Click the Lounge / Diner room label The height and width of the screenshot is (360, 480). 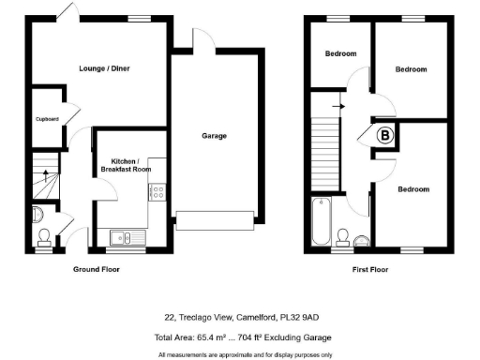(x=97, y=68)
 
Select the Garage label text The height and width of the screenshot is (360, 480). (x=215, y=136)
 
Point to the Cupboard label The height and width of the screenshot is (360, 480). (x=47, y=119)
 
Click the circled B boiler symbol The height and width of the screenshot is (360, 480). (x=383, y=136)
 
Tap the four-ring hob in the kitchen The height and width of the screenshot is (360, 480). (x=157, y=192)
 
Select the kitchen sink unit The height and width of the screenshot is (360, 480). (x=122, y=237)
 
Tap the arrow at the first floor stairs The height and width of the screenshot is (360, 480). (x=337, y=106)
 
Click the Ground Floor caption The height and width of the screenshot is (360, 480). (x=97, y=269)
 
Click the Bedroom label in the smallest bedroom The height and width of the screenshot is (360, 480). (x=339, y=54)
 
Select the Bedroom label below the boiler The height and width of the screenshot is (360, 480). (x=412, y=188)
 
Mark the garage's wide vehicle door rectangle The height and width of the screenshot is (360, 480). (x=215, y=220)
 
